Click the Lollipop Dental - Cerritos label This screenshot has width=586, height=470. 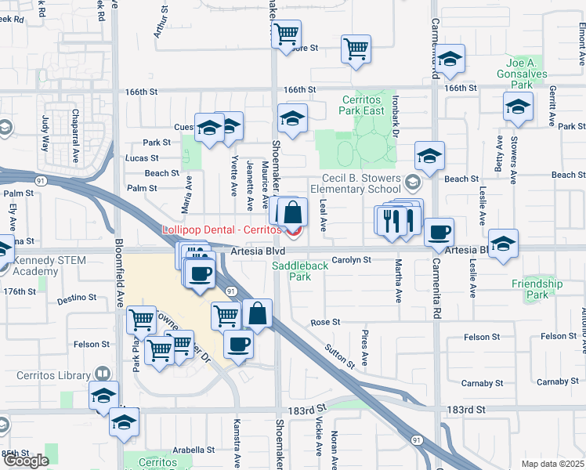[x=221, y=230]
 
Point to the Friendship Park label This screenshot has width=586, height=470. [x=537, y=289]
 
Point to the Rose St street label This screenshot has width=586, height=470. [x=325, y=322]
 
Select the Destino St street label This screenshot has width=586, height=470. [x=76, y=298]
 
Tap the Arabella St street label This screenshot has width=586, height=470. [x=194, y=450]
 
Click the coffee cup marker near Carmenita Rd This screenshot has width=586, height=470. [x=439, y=232]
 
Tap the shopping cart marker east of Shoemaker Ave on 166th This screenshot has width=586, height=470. [x=356, y=49]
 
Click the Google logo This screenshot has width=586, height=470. [x=26, y=461]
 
